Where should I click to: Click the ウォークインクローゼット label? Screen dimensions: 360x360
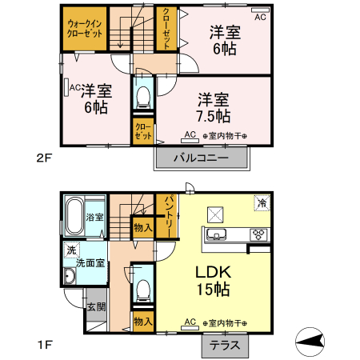(x=84, y=29)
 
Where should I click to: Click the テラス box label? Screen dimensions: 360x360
(x=224, y=346)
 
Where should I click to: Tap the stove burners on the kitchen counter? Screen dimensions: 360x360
(x=259, y=234)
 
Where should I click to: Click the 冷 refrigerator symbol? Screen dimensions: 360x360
(x=261, y=203)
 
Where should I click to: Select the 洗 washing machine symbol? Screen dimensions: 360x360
(x=71, y=250)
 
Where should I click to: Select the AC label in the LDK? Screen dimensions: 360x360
(x=190, y=322)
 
